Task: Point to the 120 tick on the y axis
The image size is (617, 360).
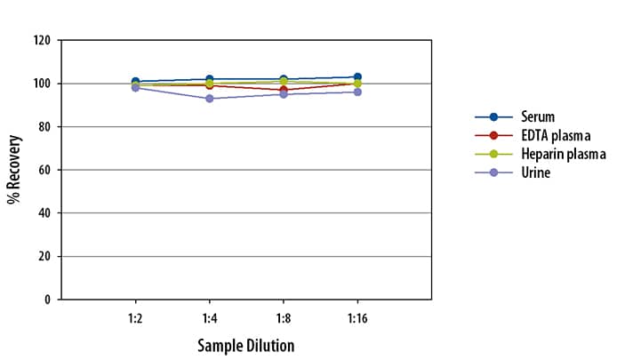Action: pos(42,41)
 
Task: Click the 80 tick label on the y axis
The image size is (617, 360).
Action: pos(44,127)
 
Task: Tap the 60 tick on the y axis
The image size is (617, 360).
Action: pos(44,170)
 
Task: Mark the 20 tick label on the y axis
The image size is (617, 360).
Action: pos(44,257)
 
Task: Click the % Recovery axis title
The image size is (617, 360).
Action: pos(14,170)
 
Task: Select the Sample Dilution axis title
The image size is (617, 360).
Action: pos(245,345)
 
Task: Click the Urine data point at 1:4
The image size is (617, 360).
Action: pos(209,99)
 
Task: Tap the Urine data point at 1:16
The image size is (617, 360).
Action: pos(357,92)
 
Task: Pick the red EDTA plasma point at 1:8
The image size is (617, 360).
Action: pos(283,90)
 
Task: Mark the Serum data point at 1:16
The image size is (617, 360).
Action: pos(357,77)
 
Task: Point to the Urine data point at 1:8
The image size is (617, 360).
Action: pos(283,94)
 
